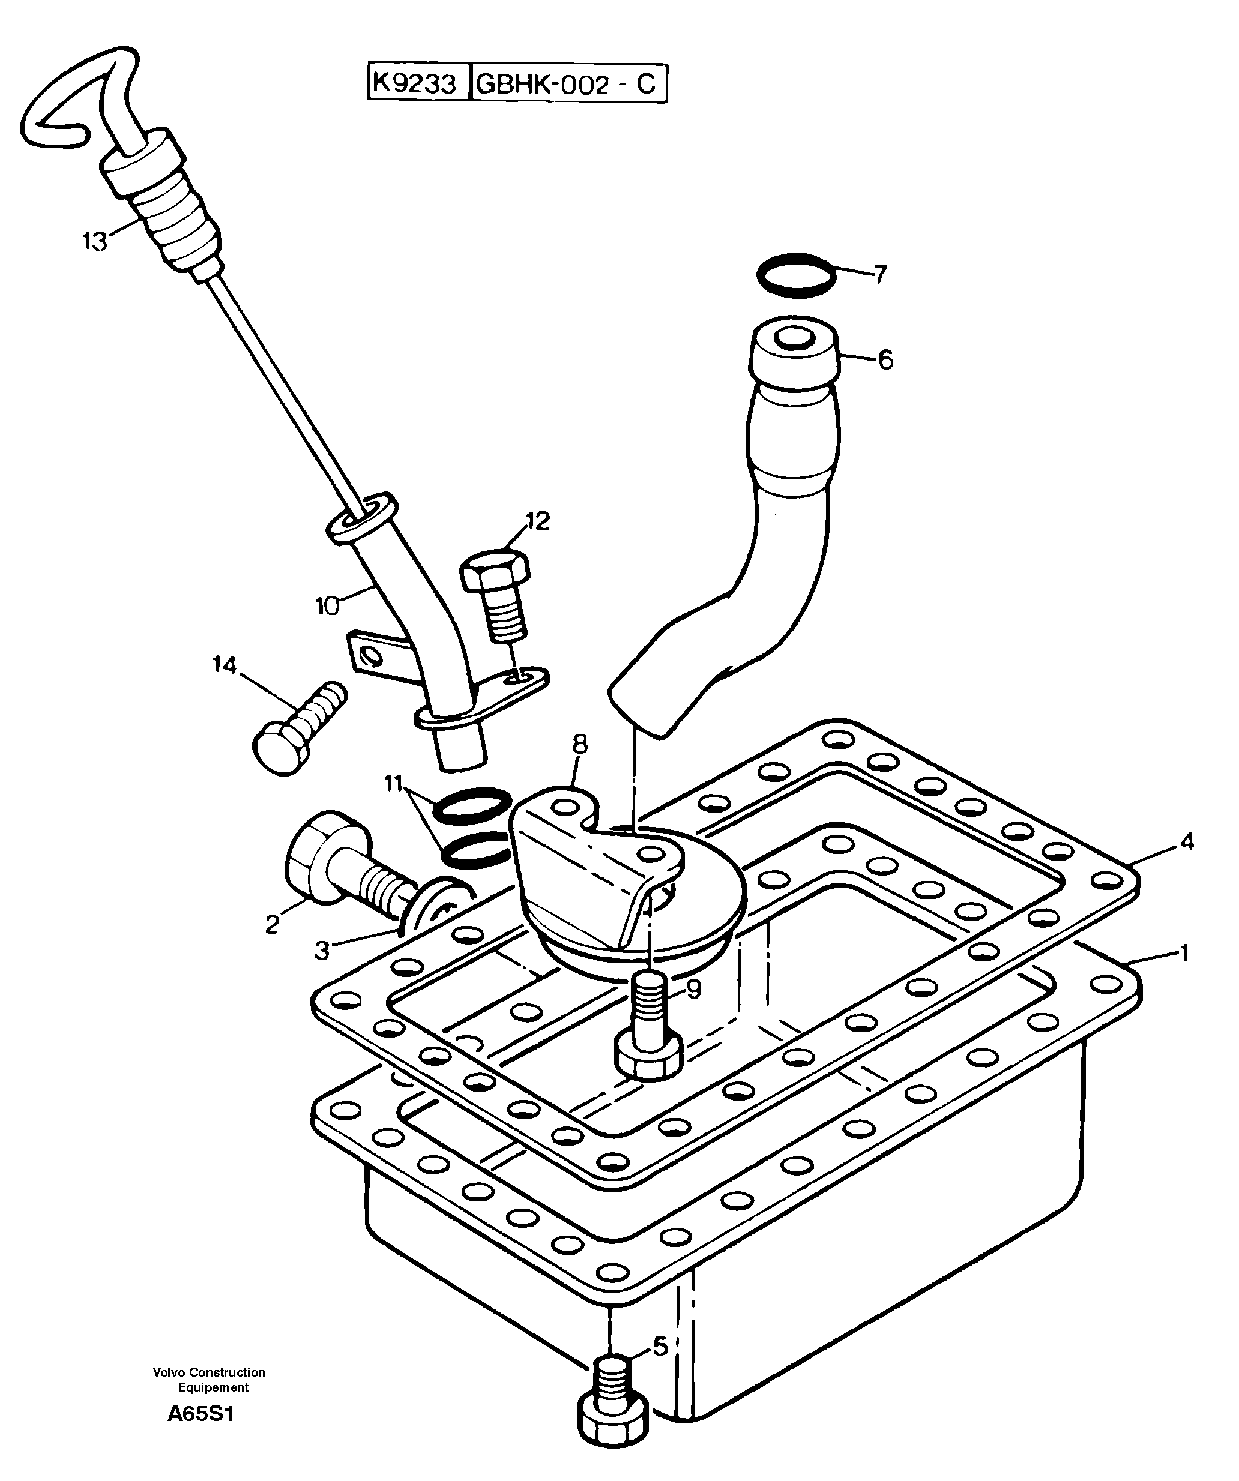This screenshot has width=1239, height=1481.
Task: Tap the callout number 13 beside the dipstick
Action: coord(95,242)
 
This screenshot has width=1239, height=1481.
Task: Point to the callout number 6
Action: coord(885,361)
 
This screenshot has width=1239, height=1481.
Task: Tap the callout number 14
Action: coord(225,665)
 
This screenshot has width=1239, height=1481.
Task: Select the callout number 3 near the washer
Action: coord(322,951)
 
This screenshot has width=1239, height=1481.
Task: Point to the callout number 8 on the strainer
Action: coord(580,744)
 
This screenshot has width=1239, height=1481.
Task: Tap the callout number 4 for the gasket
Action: coord(1187,841)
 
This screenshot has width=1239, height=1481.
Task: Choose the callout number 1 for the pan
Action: coord(1184,954)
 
